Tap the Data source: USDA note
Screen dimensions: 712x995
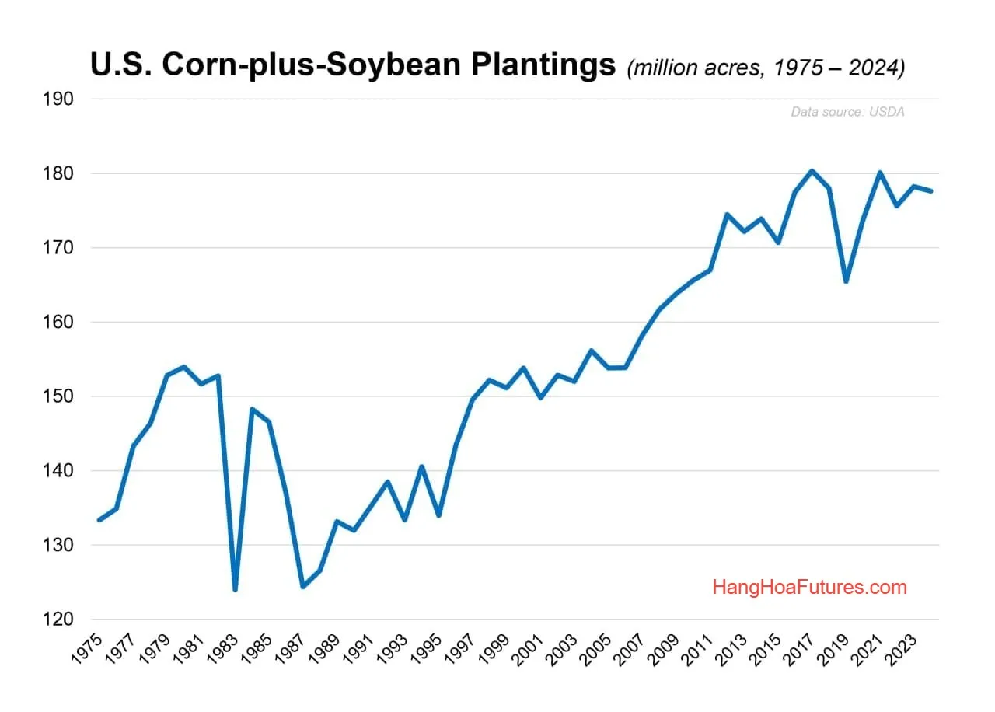(847, 112)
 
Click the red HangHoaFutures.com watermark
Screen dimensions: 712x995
(809, 587)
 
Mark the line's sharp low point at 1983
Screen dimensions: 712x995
(235, 590)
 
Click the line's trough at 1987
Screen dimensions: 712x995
(302, 587)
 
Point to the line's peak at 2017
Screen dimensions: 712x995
(812, 171)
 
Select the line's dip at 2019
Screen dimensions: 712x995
(846, 281)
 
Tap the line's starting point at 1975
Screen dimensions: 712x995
(99, 520)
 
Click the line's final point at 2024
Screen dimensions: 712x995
(930, 191)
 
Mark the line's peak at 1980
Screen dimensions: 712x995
(183, 367)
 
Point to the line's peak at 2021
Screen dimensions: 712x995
(879, 173)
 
